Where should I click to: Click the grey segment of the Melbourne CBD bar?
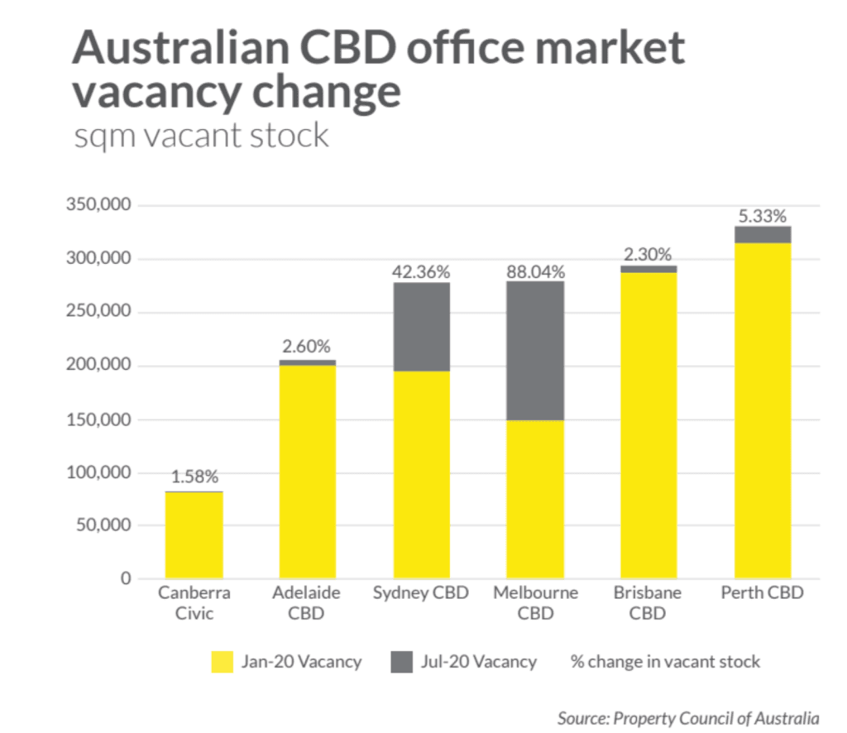(x=535, y=351)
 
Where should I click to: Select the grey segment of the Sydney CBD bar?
(x=422, y=327)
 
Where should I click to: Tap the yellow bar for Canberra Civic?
(x=194, y=535)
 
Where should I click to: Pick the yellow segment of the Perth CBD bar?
(x=762, y=410)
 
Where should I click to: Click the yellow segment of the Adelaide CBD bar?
(x=308, y=472)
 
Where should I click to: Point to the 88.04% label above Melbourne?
(x=535, y=271)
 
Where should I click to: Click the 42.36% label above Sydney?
(x=422, y=271)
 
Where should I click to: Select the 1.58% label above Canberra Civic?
(x=194, y=477)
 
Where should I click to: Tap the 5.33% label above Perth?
(x=762, y=216)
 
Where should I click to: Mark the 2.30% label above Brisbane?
(x=648, y=255)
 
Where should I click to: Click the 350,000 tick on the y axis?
(x=98, y=205)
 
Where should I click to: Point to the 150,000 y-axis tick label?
(x=98, y=419)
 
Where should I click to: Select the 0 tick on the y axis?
(x=126, y=578)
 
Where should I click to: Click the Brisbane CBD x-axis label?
(x=648, y=603)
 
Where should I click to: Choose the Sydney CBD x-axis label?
(x=421, y=593)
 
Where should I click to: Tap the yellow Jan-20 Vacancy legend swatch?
(x=222, y=662)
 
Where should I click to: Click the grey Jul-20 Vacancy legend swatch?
(x=401, y=662)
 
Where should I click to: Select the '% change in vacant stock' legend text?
(x=665, y=662)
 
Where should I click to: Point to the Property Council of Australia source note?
(x=688, y=717)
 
